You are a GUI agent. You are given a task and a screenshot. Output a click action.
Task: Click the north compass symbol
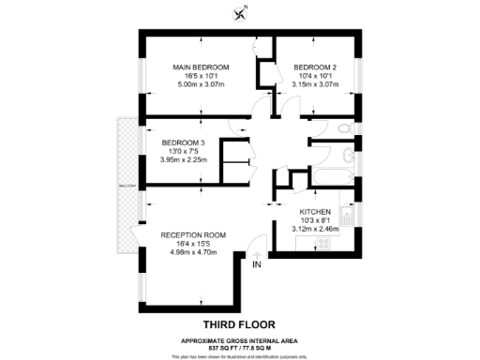tap(240, 13)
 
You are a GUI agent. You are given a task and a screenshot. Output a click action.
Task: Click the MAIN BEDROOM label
tap(200, 67)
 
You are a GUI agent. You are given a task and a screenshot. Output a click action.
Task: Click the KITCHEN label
tap(314, 212)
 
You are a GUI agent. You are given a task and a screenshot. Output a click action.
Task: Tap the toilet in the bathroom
tap(346, 127)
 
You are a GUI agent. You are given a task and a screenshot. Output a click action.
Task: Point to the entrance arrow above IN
tap(257, 252)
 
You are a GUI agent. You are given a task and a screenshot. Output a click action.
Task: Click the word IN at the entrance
tap(257, 264)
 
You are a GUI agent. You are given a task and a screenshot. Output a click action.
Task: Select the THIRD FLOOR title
tap(240, 303)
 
